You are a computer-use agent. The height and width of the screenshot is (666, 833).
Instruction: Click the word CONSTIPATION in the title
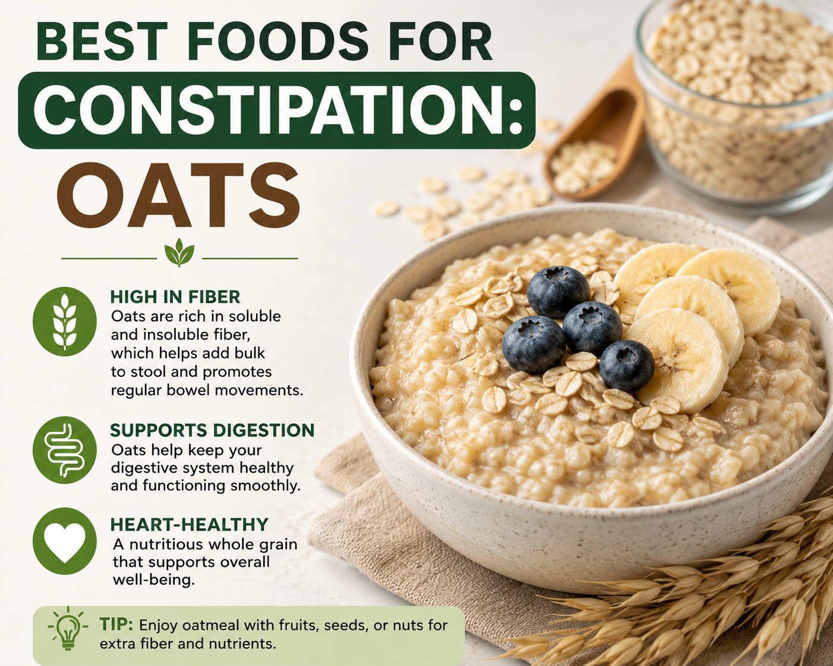click(277, 110)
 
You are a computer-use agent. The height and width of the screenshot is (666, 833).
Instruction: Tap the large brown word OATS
click(178, 196)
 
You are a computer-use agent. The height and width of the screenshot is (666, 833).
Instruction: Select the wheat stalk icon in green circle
click(65, 321)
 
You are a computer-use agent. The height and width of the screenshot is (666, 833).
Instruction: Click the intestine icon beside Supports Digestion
click(65, 450)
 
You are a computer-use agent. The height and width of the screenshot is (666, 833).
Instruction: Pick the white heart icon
click(65, 541)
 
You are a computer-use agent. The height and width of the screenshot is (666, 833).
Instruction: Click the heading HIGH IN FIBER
click(175, 297)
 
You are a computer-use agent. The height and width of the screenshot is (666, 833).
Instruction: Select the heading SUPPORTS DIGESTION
click(212, 430)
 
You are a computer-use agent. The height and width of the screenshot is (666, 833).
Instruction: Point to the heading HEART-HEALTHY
click(190, 525)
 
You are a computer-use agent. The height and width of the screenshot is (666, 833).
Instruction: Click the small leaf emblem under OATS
click(179, 252)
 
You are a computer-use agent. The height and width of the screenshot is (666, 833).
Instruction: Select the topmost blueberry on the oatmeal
click(558, 291)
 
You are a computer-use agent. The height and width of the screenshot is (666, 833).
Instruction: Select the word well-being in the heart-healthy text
click(154, 580)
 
